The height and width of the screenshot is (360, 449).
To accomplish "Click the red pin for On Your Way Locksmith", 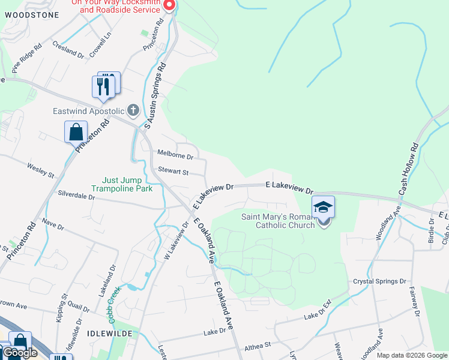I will (x=169, y=5).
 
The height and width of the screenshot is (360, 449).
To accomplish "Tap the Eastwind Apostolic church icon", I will (x=133, y=110).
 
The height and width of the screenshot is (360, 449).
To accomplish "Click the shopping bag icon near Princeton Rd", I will (x=76, y=132).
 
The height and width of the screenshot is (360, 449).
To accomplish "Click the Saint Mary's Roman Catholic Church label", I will (x=278, y=221).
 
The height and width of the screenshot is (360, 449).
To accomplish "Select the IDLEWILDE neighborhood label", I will (x=109, y=332).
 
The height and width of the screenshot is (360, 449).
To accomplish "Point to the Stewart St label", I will (x=173, y=172).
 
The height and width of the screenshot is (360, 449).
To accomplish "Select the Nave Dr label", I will (x=53, y=225).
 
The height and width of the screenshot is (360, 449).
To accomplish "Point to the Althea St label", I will (x=258, y=346).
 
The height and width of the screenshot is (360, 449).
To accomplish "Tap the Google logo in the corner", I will (x=20, y=353).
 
